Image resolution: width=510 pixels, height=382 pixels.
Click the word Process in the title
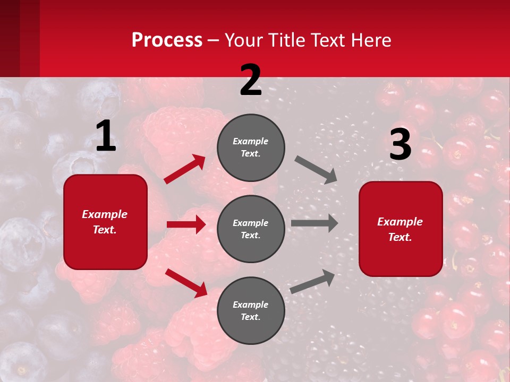167,40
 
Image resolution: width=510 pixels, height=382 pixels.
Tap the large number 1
105,136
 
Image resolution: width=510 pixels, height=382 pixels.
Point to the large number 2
251,80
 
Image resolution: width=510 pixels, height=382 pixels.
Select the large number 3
400,144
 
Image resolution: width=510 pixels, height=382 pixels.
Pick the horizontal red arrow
186,224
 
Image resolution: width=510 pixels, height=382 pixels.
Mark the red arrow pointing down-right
186,283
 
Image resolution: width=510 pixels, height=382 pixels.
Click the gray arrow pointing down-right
316,170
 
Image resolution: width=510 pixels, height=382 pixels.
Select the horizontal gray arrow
314,223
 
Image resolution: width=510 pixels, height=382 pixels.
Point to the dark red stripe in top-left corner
20,38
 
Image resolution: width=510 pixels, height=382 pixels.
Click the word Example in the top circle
251,141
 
